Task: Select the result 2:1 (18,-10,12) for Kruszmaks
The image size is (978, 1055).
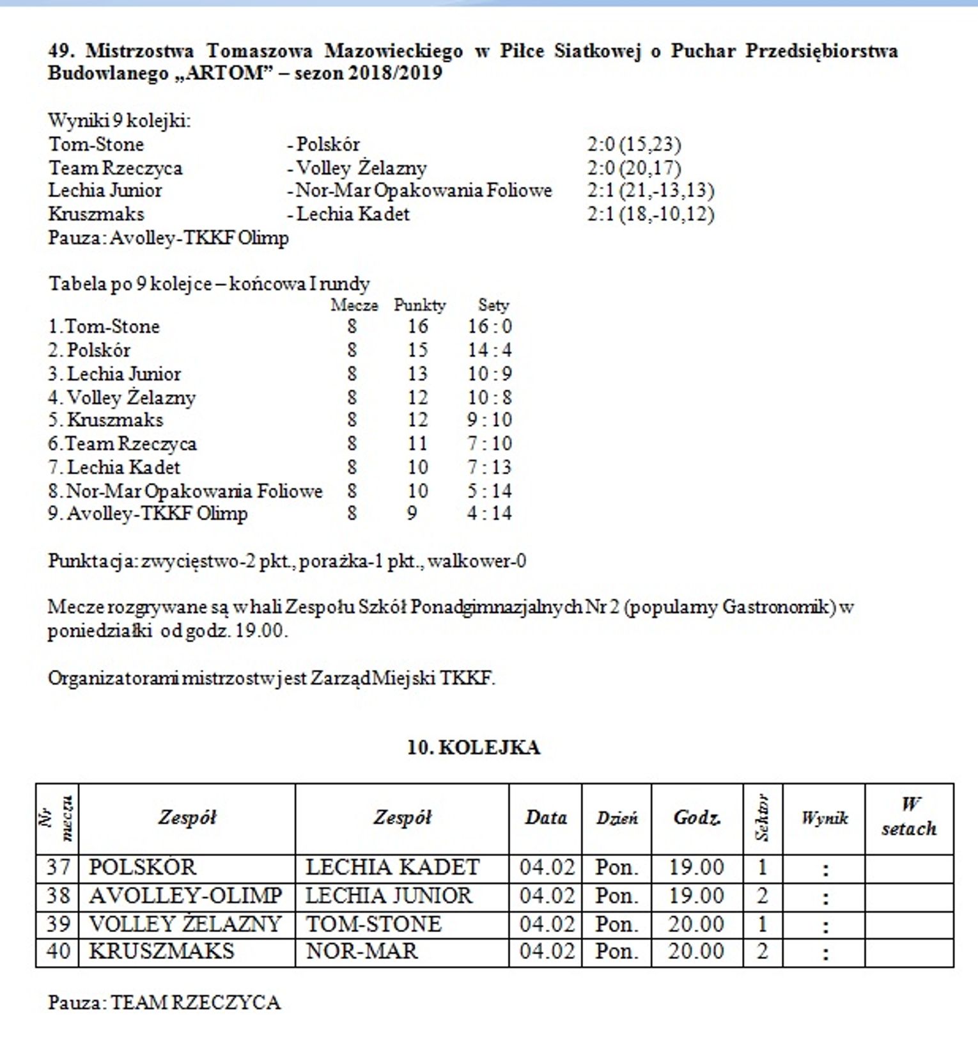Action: (650, 214)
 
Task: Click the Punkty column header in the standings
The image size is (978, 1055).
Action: (419, 305)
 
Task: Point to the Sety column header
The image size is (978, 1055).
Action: (493, 305)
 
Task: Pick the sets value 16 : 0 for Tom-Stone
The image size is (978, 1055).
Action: (490, 326)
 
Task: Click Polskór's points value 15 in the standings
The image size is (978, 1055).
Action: (417, 350)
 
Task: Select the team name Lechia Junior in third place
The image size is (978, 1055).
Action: (124, 374)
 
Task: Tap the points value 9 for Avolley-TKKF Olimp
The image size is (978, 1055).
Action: (412, 513)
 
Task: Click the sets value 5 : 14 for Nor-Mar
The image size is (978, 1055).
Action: (490, 491)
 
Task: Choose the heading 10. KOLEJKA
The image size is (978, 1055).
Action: (474, 747)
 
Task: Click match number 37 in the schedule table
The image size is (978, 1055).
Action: (58, 868)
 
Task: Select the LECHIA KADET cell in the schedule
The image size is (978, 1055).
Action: (392, 868)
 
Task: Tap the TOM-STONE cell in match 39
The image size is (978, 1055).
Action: (374, 924)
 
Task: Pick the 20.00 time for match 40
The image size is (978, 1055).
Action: (696, 951)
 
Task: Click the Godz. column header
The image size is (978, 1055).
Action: (697, 818)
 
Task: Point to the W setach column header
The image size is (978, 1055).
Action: (909, 817)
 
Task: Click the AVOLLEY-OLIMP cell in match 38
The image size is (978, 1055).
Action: (185, 896)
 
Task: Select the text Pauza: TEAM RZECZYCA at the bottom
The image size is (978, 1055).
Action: (164, 1002)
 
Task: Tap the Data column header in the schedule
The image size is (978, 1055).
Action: (546, 818)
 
